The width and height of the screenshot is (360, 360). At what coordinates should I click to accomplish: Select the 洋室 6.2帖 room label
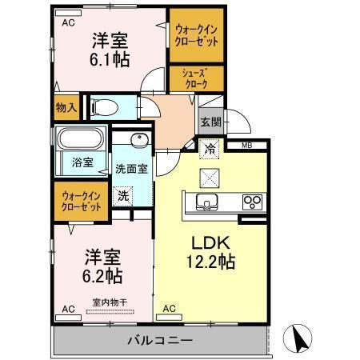[x=102, y=267]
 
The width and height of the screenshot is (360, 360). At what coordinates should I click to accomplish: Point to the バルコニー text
[x=159, y=339]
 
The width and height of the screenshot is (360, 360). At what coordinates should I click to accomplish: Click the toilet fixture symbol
[x=106, y=106]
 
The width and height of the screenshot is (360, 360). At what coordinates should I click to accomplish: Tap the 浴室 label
[x=82, y=162]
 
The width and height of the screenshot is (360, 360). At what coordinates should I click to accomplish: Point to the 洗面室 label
[x=130, y=169]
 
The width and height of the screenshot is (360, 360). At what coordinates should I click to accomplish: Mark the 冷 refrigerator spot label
[x=210, y=148]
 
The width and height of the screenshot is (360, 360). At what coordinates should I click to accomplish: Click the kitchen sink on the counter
[x=207, y=202]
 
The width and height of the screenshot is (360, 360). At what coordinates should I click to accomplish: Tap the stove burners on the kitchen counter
[x=252, y=201]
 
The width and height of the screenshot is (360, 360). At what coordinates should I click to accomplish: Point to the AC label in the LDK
[x=169, y=308]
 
